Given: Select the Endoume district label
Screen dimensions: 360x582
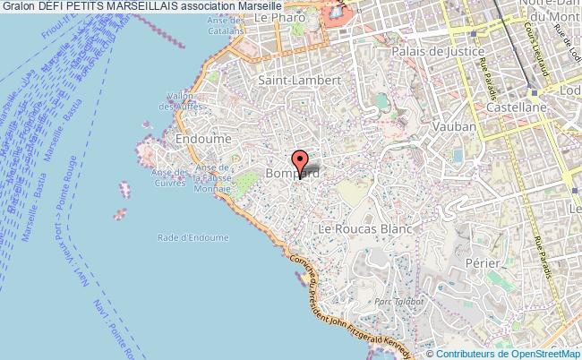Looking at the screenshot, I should click(x=204, y=140).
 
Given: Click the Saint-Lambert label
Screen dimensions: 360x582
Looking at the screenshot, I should click(x=286, y=80).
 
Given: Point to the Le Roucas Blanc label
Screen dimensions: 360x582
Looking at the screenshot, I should click(x=364, y=229).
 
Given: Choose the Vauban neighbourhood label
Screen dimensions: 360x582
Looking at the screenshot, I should click(x=453, y=127).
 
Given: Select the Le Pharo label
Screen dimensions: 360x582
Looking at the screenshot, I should click(x=274, y=17).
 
